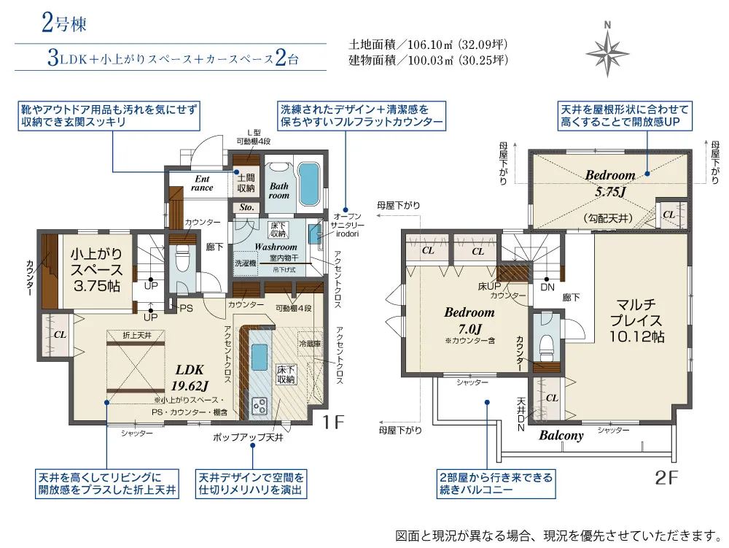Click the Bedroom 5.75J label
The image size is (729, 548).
point(609,182)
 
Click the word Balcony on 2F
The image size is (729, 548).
point(561,436)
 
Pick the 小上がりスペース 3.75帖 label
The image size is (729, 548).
point(95,270)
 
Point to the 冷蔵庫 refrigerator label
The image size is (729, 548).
point(309,343)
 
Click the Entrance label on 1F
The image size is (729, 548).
point(202,182)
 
